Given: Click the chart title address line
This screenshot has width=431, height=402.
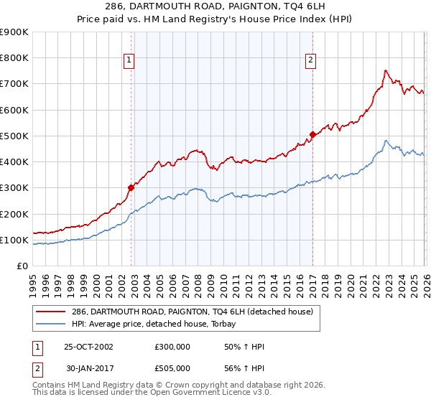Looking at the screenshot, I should point(215,7).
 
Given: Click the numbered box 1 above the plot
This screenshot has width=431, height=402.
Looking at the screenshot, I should point(129,61).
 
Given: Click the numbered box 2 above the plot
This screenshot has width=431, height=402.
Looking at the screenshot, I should point(311,61).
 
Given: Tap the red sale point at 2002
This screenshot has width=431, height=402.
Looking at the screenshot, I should point(131,187).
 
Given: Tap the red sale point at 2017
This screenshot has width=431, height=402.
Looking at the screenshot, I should point(312,134).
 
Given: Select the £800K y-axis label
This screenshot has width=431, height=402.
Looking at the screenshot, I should point(14,58).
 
